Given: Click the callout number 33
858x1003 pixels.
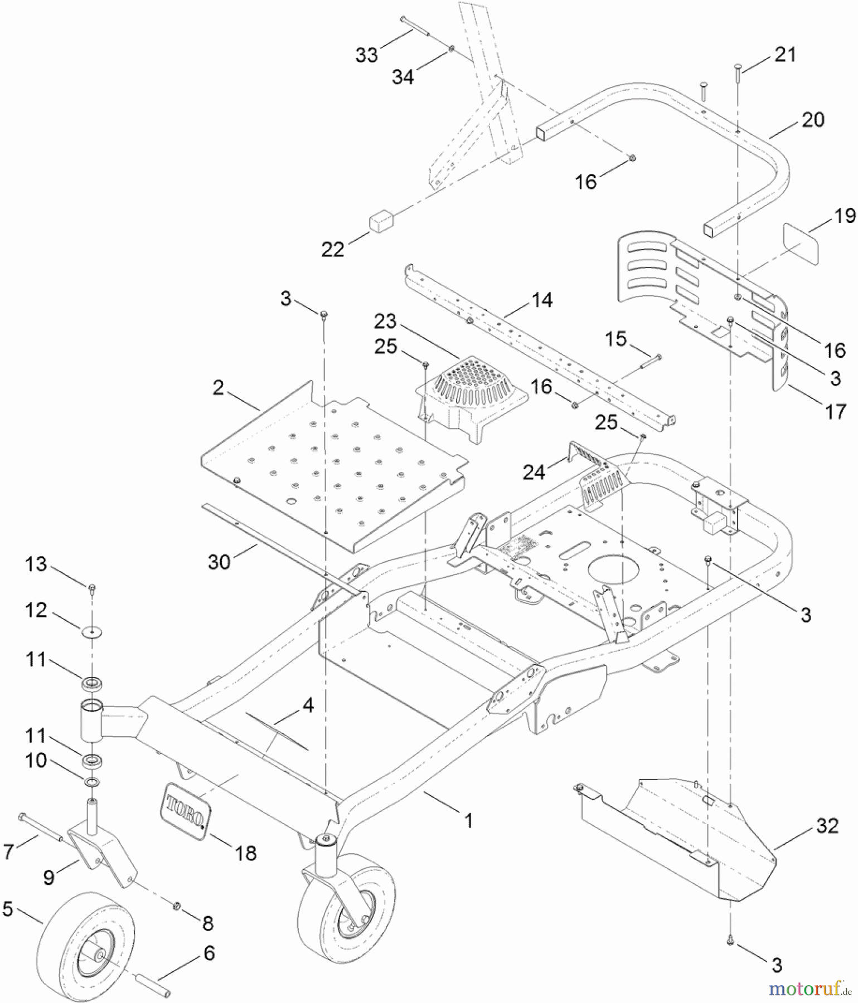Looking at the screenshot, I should coord(367,55).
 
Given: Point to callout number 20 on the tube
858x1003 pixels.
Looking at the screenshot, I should coord(812,120).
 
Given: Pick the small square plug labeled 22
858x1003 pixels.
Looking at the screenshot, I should coord(379,221).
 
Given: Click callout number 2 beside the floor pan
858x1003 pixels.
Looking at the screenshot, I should coord(218,388).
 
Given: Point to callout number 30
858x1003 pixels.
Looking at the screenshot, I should coord(219,562).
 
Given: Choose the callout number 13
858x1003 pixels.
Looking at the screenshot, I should coord(36,564).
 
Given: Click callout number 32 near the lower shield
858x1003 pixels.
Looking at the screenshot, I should coord(827,826).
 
